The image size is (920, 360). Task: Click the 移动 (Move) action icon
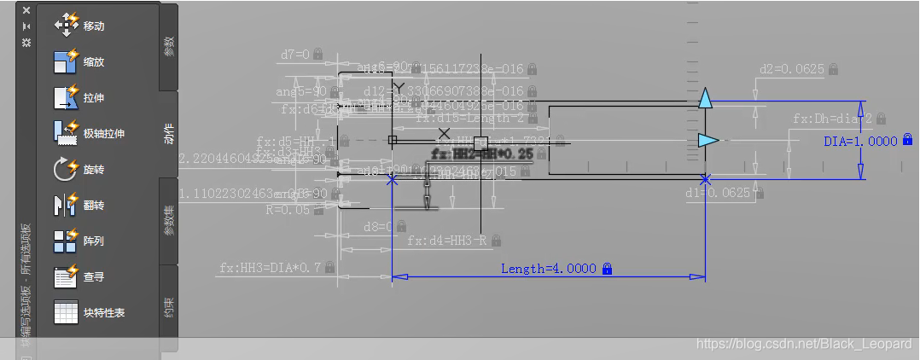[67, 26]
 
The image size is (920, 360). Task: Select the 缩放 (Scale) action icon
[67, 61]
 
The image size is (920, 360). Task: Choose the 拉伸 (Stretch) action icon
[67, 97]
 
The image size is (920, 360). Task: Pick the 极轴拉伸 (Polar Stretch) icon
[67, 133]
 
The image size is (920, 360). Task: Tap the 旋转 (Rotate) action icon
[67, 169]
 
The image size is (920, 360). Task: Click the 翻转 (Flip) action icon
[67, 205]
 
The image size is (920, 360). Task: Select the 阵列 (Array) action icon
[67, 241]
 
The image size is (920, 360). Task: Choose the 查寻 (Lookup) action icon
[67, 276]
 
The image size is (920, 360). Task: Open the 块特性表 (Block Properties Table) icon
[67, 312]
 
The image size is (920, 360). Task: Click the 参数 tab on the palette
[169, 47]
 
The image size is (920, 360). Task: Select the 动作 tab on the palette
[169, 134]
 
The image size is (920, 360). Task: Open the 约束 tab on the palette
[169, 307]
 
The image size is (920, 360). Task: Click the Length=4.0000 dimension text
[548, 269]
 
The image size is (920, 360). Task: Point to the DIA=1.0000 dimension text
[860, 141]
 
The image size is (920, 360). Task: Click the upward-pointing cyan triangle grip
[705, 99]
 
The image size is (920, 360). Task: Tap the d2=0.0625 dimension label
[790, 69]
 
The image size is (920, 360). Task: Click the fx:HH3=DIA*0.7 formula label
[270, 268]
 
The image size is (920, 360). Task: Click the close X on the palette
[26, 10]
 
